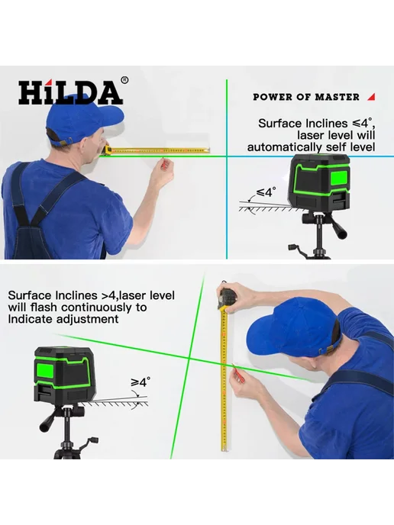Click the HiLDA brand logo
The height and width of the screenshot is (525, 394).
70,92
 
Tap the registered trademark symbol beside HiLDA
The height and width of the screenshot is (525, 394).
124,80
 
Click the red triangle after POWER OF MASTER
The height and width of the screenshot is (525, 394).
371,97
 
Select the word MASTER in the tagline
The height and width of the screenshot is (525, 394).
337,97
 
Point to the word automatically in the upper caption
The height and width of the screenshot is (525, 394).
282,147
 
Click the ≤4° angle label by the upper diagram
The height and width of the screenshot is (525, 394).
266,192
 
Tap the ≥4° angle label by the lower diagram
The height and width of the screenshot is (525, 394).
140,382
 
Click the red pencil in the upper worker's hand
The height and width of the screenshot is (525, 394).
163,163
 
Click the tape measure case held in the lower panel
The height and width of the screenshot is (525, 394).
228,298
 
